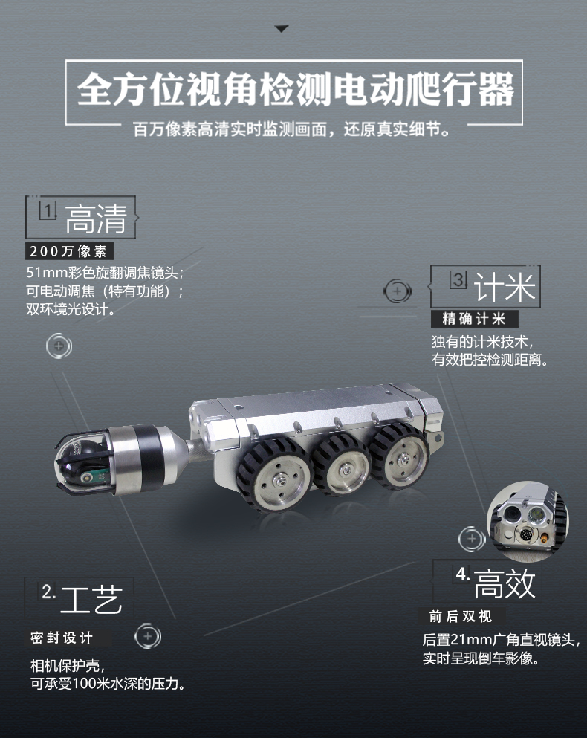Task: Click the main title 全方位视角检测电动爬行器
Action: pyautogui.click(x=295, y=91)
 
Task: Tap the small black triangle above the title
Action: pyautogui.click(x=281, y=29)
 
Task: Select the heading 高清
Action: pyautogui.click(x=97, y=217)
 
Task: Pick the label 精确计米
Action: pyautogui.click(x=474, y=319)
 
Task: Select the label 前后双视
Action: pyautogui.click(x=461, y=616)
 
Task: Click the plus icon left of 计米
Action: pyautogui.click(x=398, y=291)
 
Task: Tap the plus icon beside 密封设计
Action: pyautogui.click(x=147, y=637)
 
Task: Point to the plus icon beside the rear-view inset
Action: pyautogui.click(x=471, y=539)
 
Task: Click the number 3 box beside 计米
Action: pyautogui.click(x=458, y=279)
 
